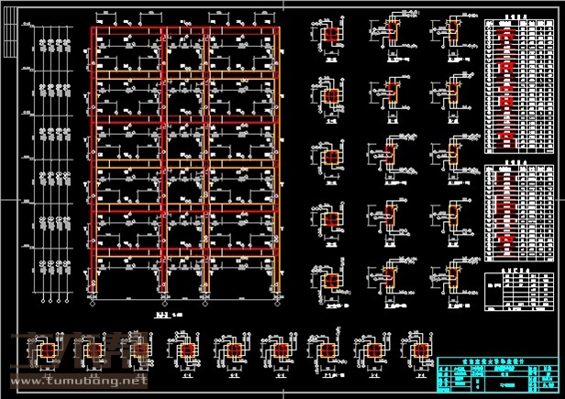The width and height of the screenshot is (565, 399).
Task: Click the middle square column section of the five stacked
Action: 330,157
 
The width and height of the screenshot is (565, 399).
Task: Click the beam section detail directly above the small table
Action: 451,272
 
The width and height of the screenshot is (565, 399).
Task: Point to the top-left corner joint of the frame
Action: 93,30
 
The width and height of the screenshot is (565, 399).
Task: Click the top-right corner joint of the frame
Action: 277,30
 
